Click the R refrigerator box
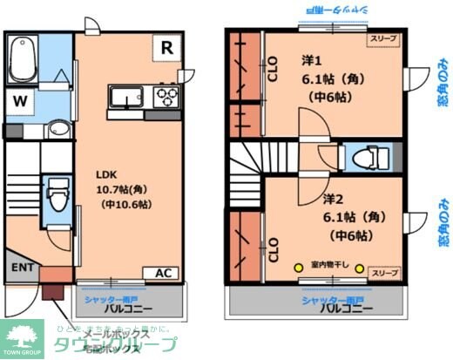166,48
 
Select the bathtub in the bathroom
22,58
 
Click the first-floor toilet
57,194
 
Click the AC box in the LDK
163,272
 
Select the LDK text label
106,173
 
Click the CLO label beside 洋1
273,68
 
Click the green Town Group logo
23,339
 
